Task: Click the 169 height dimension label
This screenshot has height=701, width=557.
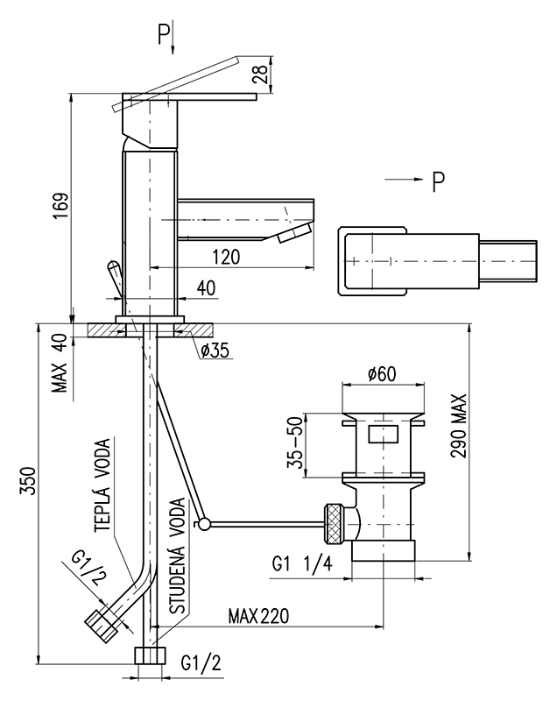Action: point(59,207)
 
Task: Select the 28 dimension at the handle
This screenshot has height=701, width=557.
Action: point(260,74)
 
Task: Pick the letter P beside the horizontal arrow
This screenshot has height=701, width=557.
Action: point(437,181)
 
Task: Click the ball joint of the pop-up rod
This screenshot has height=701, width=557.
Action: point(203,524)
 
